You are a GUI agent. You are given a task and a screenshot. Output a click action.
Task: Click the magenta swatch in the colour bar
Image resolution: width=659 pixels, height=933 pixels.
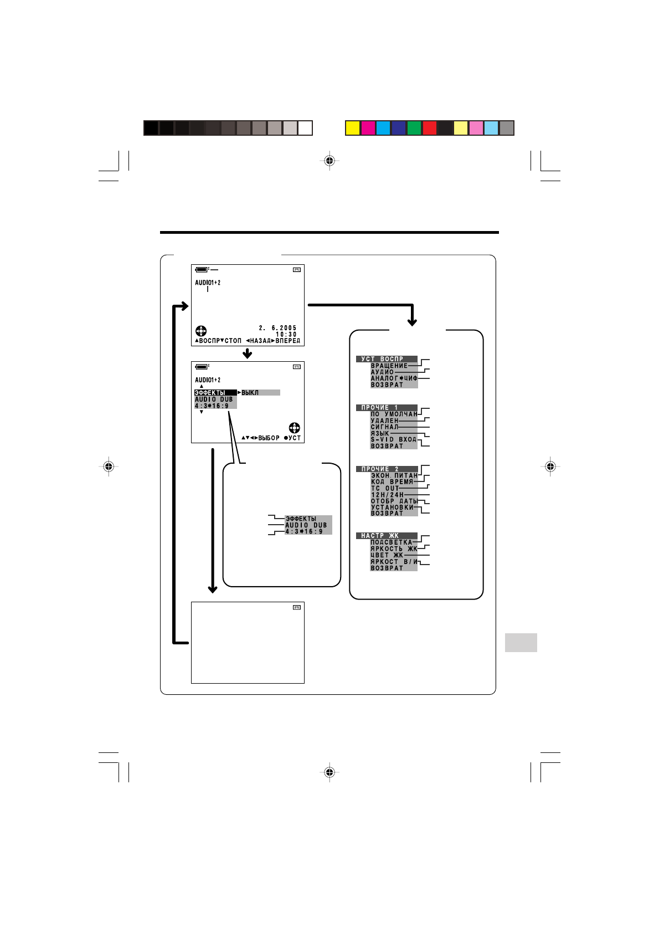coord(368,128)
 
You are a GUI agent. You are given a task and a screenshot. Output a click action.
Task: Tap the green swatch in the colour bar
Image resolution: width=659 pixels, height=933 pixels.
coord(414,128)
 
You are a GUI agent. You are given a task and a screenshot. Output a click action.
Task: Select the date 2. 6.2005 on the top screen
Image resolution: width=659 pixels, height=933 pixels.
coord(277,328)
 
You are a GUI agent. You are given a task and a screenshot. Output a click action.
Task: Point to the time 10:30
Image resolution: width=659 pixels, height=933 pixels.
coord(286,335)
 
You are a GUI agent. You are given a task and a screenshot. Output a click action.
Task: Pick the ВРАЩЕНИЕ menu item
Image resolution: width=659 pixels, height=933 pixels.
coord(389,366)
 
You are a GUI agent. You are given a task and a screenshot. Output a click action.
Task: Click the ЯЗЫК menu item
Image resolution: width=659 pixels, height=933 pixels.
coord(380,433)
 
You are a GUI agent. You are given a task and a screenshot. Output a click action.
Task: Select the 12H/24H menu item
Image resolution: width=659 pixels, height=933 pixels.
coord(387,495)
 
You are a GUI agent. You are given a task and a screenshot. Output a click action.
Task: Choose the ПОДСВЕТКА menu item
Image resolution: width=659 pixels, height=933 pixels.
coord(392,542)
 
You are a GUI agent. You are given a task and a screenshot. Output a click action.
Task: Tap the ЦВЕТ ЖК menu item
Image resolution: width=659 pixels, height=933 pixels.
coord(387,555)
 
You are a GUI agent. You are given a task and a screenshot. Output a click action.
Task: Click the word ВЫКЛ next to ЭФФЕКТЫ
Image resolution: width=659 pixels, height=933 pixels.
coord(250,393)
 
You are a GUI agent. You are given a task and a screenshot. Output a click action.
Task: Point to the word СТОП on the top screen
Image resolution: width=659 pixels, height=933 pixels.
coord(233,341)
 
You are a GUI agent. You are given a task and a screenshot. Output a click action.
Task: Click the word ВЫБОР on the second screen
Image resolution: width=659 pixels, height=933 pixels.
coord(269,438)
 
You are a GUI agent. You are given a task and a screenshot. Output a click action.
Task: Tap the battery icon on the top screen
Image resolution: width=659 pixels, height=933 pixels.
coord(202,269)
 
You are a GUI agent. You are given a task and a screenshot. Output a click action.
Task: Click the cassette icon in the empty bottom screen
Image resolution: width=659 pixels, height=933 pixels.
coord(296,608)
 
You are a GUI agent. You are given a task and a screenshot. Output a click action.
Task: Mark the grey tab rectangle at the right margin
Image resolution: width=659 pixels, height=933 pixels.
coord(521,643)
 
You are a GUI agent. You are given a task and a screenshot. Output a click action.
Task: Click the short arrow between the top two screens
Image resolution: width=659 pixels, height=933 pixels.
coord(248,353)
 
